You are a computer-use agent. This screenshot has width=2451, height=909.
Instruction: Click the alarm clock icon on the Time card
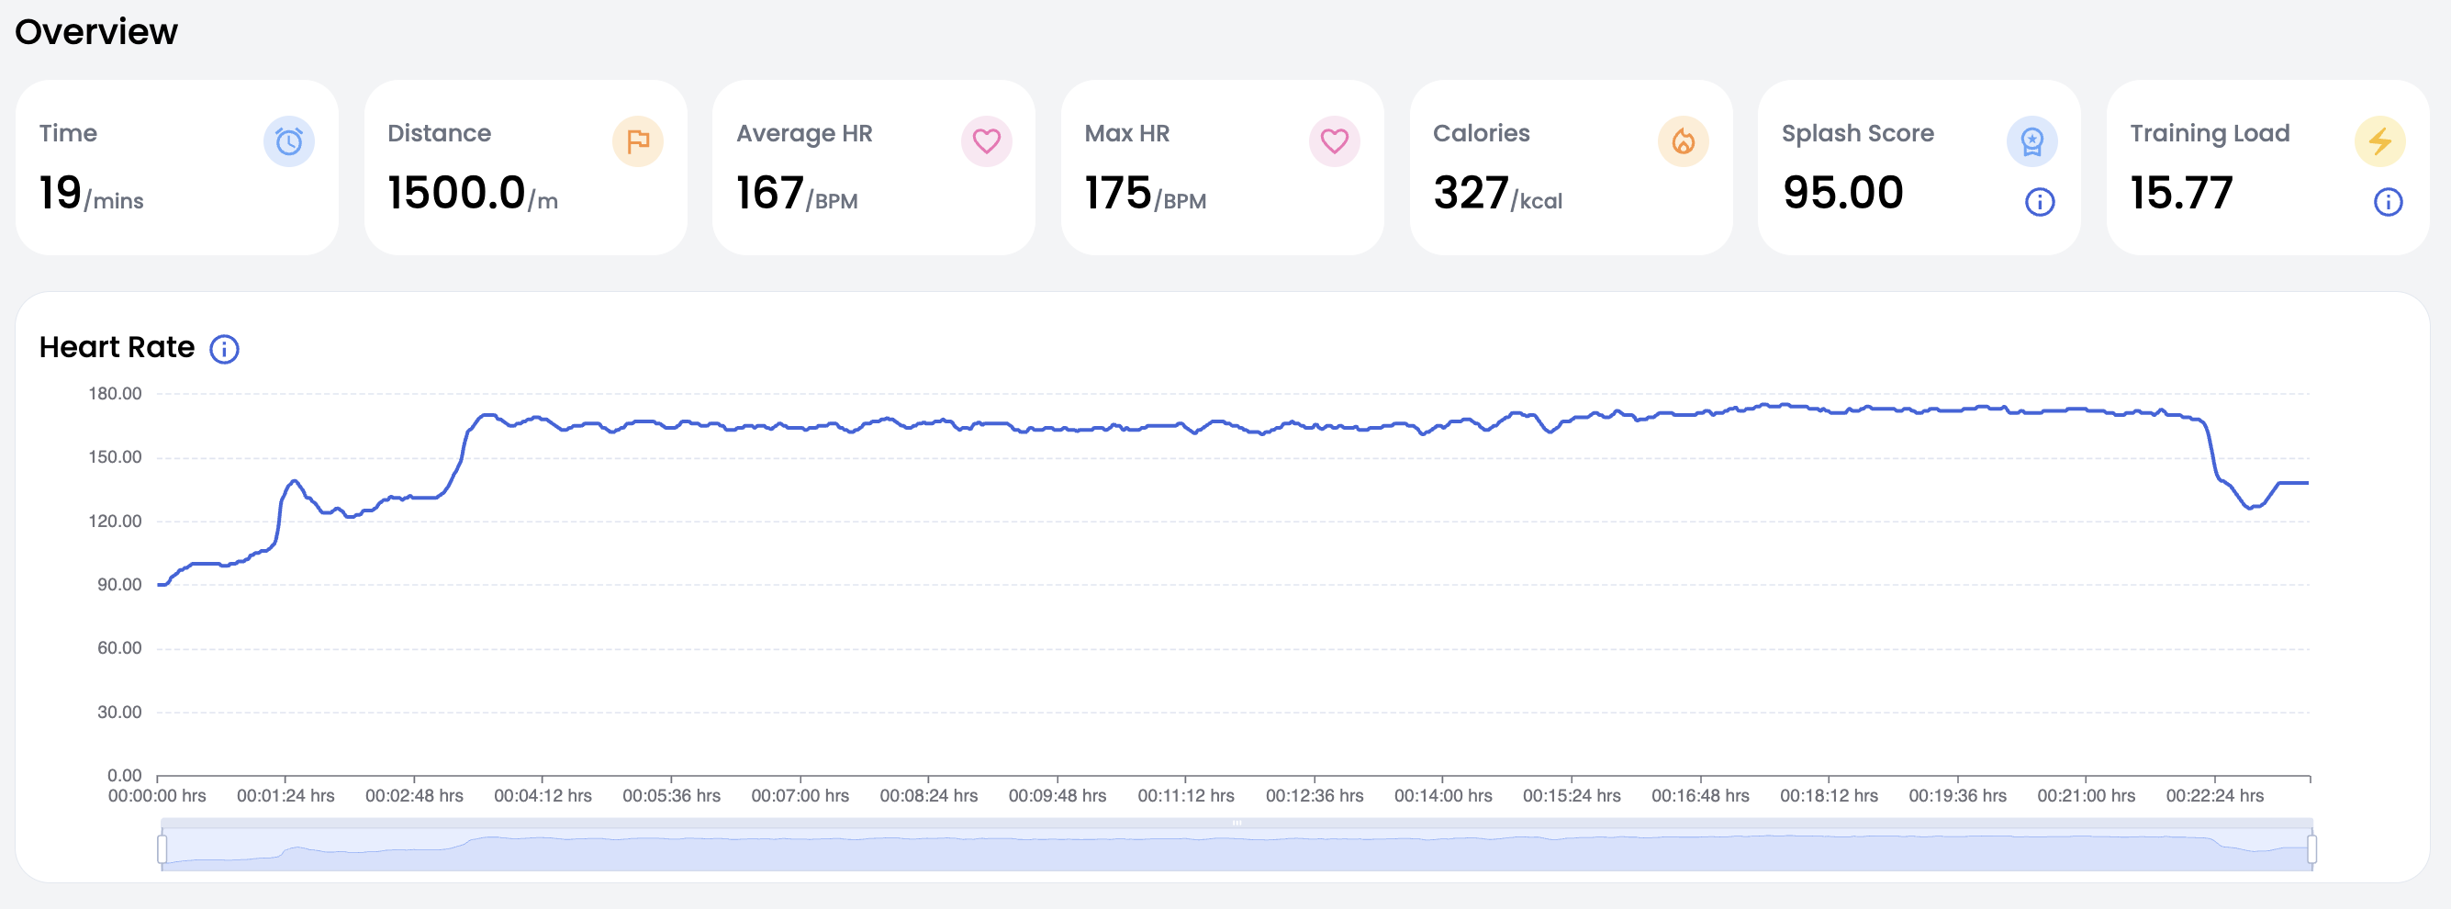tap(288, 141)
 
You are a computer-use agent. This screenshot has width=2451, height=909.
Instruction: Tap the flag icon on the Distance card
tap(637, 141)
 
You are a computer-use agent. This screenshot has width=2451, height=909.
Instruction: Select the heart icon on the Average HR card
tap(986, 141)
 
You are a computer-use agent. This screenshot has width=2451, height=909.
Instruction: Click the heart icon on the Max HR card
tap(1334, 141)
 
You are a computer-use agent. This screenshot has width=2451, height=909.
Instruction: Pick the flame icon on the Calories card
tap(1684, 141)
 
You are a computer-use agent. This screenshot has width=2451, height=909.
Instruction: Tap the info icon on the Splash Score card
tap(2039, 202)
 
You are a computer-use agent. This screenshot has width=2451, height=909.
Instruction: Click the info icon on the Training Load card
tap(2388, 202)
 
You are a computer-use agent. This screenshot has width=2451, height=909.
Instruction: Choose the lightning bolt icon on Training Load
tap(2379, 141)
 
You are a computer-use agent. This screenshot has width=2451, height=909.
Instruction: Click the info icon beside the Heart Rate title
tap(225, 349)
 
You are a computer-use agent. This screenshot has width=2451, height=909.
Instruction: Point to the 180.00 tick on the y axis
tap(115, 394)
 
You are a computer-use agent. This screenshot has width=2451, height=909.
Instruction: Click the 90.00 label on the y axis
tap(119, 585)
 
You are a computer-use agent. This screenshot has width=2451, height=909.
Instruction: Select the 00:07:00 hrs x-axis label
tap(800, 796)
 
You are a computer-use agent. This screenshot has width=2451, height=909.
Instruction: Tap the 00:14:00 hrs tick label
tap(1442, 796)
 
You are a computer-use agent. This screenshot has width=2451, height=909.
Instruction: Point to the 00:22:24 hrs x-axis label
tap(2214, 796)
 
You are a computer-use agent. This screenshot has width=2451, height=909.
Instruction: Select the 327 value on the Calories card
tap(1470, 193)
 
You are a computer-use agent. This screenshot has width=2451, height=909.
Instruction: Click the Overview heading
tap(96, 32)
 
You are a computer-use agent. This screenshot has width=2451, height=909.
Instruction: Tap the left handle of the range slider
tap(162, 848)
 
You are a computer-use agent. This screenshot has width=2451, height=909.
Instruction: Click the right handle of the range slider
tap(2311, 848)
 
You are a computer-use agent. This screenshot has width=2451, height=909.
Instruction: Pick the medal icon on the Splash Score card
tap(2031, 141)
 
